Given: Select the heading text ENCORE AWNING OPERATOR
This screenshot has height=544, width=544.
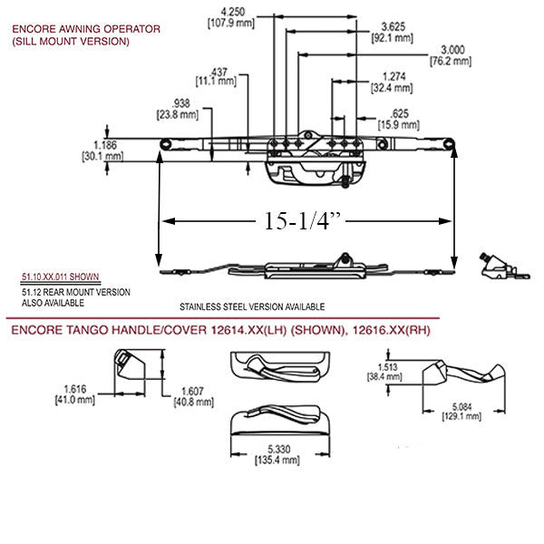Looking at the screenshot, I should point(85,29).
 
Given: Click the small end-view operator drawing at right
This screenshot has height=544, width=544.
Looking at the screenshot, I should point(498,265).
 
